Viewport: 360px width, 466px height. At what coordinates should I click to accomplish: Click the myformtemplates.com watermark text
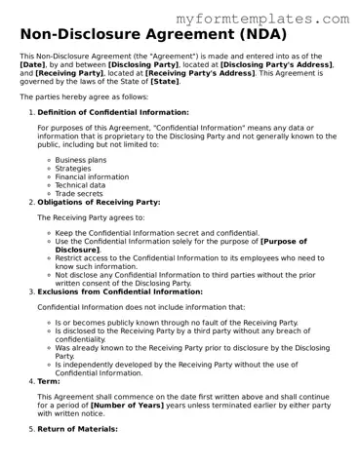pos(262,19)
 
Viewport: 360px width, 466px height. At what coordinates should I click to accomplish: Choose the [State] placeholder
pos(165,82)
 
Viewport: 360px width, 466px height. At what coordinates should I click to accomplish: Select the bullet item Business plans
pos(82,159)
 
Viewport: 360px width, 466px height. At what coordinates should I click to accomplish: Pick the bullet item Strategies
pos(74,168)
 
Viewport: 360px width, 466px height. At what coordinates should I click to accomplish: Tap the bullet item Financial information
pos(92,176)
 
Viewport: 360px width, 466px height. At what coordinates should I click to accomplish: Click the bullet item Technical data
pos(81,185)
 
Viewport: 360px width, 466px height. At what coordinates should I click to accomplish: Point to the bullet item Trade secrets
pos(79,194)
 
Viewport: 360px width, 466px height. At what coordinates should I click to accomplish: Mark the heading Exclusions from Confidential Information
pos(120,291)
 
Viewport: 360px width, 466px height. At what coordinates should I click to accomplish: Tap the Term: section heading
pos(48,381)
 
